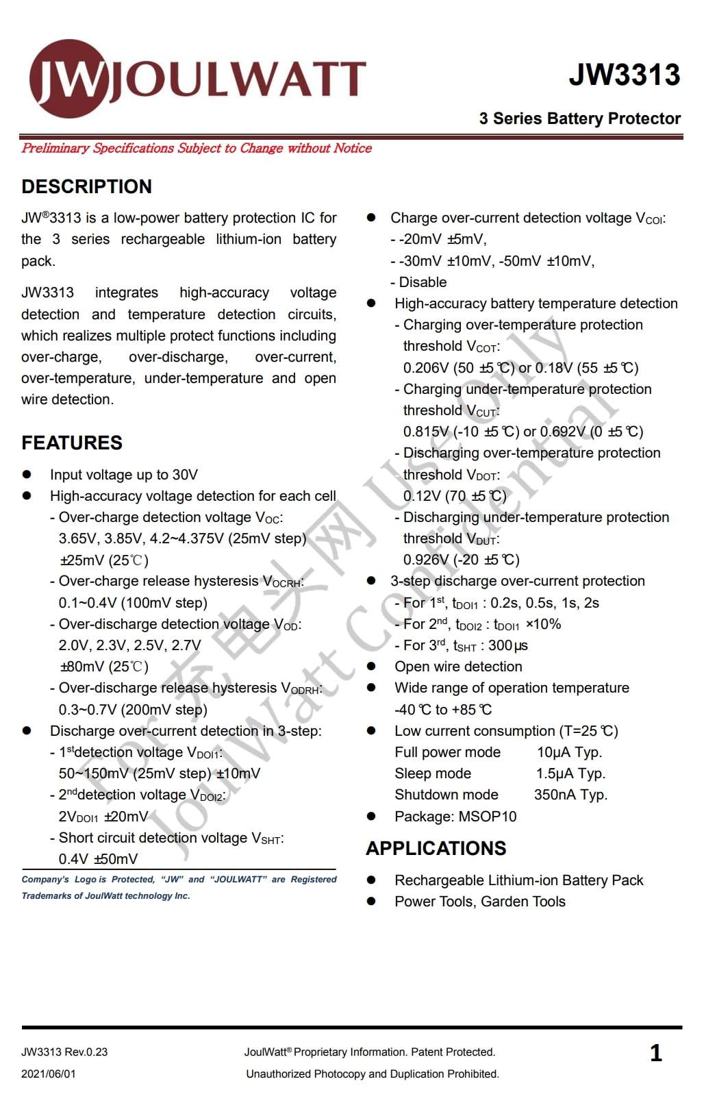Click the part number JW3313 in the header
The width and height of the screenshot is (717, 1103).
[x=624, y=75]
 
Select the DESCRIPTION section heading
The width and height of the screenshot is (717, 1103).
[x=86, y=186]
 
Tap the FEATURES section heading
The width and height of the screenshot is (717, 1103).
[x=72, y=443]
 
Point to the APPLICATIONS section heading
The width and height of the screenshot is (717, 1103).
[x=436, y=848]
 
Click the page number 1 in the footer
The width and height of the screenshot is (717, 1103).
[x=655, y=1053]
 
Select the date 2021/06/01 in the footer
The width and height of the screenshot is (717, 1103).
[x=49, y=1074]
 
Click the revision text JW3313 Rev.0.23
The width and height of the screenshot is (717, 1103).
[x=64, y=1052]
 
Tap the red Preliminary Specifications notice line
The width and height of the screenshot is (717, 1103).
[x=197, y=148]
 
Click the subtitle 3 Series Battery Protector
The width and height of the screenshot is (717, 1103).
[x=579, y=119]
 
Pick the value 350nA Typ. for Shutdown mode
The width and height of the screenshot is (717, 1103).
[x=570, y=795]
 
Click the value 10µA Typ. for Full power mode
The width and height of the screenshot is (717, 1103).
[x=569, y=752]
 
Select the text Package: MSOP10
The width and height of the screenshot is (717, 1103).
[x=455, y=817]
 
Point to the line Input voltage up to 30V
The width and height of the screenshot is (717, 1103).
[x=124, y=475]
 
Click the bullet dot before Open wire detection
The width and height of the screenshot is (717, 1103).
[x=371, y=667]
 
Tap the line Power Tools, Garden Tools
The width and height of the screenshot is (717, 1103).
[x=479, y=902]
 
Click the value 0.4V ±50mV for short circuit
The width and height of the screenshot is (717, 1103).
[x=98, y=859]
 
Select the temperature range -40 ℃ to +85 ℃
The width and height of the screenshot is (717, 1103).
[x=443, y=710]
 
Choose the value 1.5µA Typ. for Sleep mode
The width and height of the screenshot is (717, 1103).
[x=570, y=773]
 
